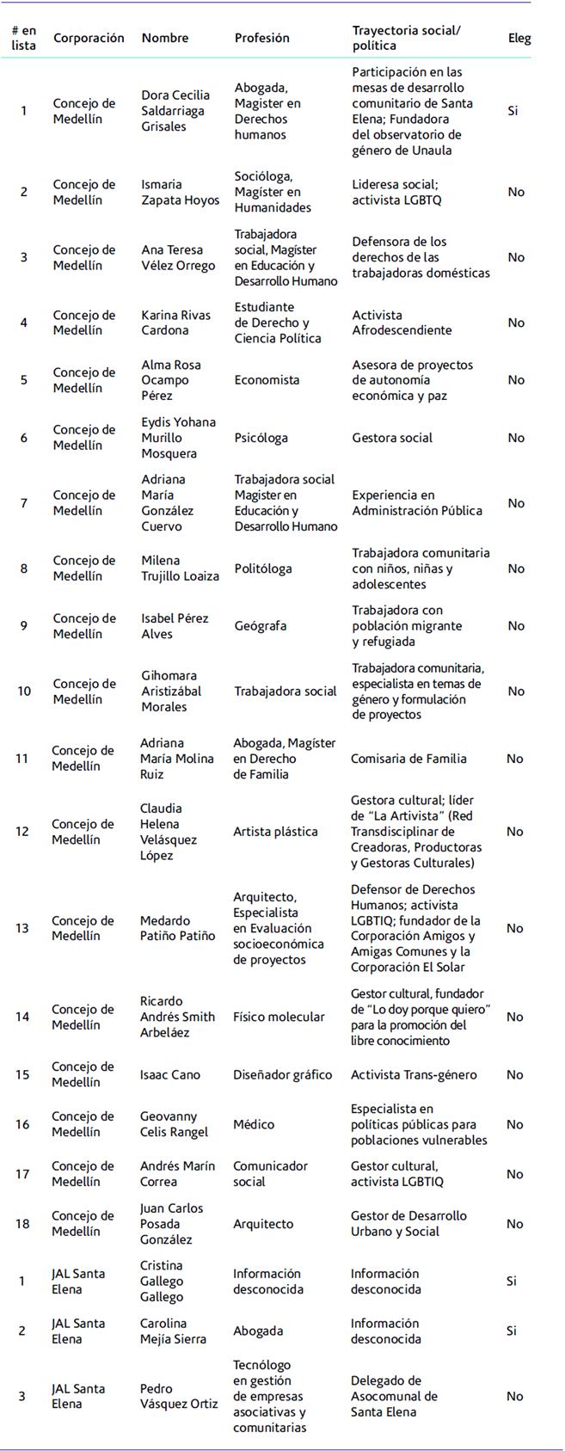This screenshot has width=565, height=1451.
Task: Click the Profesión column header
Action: coord(261,38)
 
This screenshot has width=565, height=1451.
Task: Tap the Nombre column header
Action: coord(164,38)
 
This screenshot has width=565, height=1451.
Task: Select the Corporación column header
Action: coord(89,38)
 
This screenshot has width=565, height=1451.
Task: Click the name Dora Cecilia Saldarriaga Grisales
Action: coord(175,111)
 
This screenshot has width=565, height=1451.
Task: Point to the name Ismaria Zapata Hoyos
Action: coord(180,192)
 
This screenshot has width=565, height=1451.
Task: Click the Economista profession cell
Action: coord(267,380)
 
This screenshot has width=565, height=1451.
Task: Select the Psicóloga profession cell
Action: coord(261,438)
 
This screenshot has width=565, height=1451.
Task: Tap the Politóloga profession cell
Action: coord(263,569)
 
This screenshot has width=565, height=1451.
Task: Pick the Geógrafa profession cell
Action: coord(261,626)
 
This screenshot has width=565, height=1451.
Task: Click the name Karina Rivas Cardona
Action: coord(175,323)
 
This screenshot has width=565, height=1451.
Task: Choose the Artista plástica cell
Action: coord(275,832)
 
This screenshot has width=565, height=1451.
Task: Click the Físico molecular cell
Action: coord(279,1017)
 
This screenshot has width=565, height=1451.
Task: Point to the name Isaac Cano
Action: coord(170,1074)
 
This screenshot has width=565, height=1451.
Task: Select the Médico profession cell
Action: coord(254,1124)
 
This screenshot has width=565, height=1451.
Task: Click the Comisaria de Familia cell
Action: coord(408,759)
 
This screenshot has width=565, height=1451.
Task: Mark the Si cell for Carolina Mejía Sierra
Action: coord(512,1331)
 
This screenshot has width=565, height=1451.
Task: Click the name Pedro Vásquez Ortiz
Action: coord(179,1396)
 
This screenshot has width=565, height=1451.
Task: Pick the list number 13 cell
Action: coord(22,928)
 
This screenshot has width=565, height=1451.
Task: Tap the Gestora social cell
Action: coord(392,438)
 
